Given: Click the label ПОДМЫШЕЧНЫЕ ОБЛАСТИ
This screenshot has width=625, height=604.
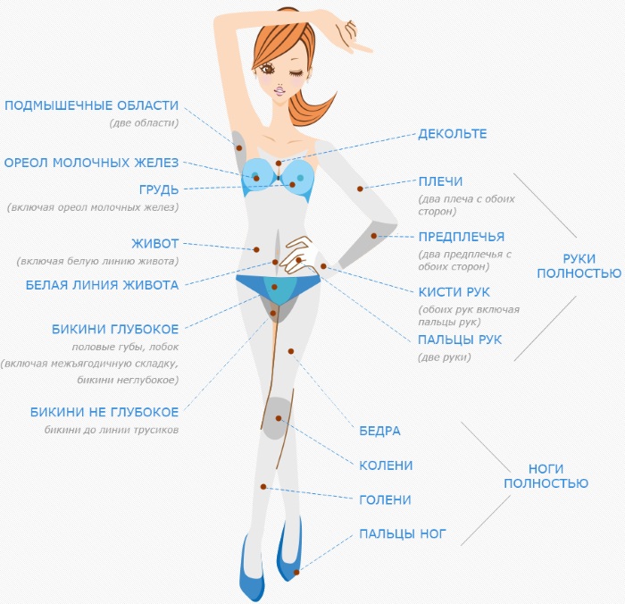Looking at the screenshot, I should click(92, 105).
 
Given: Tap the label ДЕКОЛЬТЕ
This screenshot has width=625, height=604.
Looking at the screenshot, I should click(453, 134).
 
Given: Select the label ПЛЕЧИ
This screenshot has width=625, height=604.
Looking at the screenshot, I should click(440, 182).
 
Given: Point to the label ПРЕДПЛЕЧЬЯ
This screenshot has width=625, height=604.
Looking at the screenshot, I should click(462, 237).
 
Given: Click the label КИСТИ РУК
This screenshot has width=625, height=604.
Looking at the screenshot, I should click(454, 292).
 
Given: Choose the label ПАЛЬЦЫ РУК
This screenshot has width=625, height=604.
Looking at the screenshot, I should click(460, 340).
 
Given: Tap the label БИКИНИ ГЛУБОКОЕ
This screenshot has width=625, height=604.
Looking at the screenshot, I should click(115, 329).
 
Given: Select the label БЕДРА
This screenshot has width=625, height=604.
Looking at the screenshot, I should click(379, 431).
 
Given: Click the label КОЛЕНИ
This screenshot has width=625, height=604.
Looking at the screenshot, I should click(386, 466).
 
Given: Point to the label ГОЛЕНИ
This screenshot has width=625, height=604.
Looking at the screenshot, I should click(385, 500).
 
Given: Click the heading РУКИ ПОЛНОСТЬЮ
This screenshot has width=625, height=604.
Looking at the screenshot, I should click(578, 265).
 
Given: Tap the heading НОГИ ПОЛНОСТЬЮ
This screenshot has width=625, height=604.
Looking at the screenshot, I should click(546, 475).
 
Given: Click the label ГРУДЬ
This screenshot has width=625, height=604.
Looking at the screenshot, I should click(159, 189).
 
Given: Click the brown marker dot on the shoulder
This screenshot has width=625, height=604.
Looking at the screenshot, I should click(359, 188).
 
